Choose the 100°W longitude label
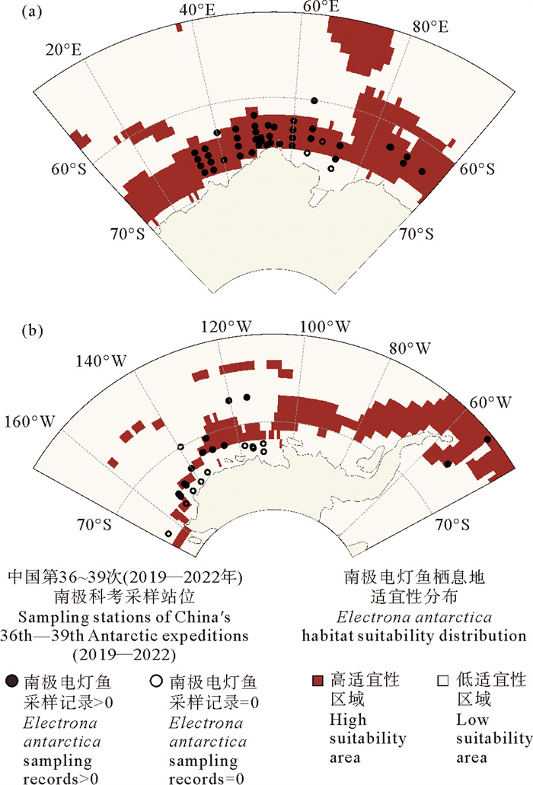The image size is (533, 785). coord(324,327)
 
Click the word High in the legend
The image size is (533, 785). coord(344,719)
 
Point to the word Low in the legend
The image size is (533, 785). coord(470,719)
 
